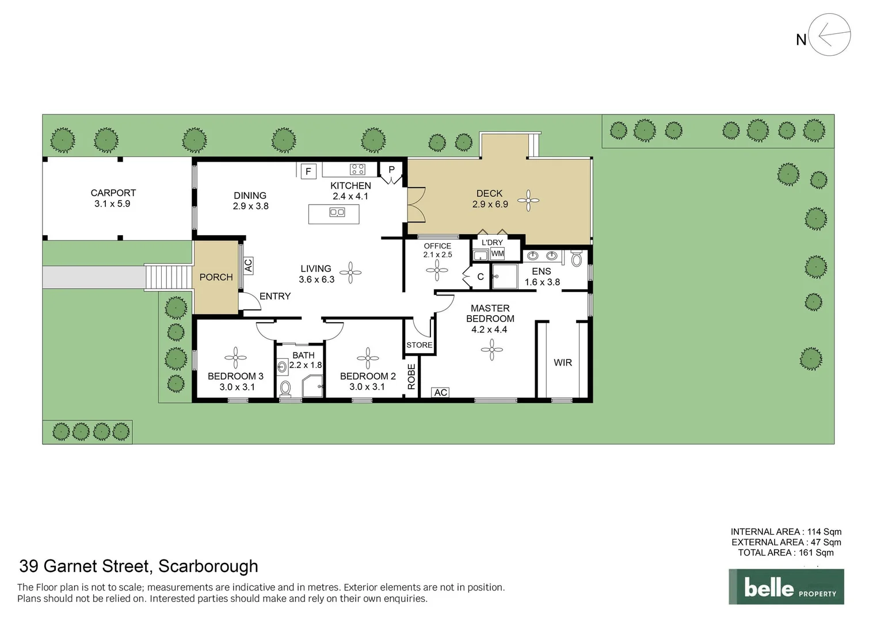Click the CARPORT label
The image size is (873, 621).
pyautogui.click(x=113, y=193)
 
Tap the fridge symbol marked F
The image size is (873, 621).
pyautogui.click(x=308, y=171)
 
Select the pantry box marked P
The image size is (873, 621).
pyautogui.click(x=391, y=170)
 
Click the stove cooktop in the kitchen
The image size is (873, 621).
pyautogui.click(x=357, y=169)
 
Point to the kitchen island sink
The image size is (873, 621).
pyautogui.click(x=337, y=213)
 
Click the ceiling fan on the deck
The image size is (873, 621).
pyautogui.click(x=528, y=201)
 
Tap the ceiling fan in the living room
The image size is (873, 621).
pyautogui.click(x=350, y=273)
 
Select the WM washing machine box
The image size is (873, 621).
pyautogui.click(x=497, y=254)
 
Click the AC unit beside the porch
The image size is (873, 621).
pyautogui.click(x=248, y=265)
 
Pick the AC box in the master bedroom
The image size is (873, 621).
pyautogui.click(x=440, y=392)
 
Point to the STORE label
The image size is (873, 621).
pyautogui.click(x=419, y=345)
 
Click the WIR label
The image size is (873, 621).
pyautogui.click(x=562, y=363)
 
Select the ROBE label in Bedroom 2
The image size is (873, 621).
pyautogui.click(x=411, y=377)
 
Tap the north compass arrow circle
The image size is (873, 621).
pyautogui.click(x=829, y=35)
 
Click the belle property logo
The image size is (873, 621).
pyautogui.click(x=786, y=587)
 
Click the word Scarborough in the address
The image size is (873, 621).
pyautogui.click(x=208, y=566)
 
